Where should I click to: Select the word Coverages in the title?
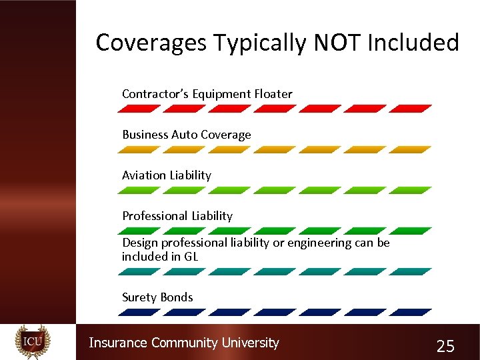coord(151,43)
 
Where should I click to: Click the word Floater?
coord(272,94)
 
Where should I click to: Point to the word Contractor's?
coord(155,94)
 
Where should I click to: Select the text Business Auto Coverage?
coord(186,135)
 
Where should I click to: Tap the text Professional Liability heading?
coord(177,216)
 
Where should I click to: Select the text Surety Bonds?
coord(157,297)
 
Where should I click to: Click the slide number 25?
coord(445,346)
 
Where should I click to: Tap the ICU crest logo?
coord(33,342)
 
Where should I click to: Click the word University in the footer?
coord(250,343)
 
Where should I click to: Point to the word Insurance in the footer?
coord(118,343)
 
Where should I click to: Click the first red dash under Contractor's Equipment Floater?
coord(141,108)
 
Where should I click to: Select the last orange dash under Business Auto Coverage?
coord(410,150)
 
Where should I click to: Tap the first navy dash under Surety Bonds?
coord(141,312)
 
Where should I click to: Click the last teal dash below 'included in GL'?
coord(410,271)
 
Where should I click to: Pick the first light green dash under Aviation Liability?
coord(141,190)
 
